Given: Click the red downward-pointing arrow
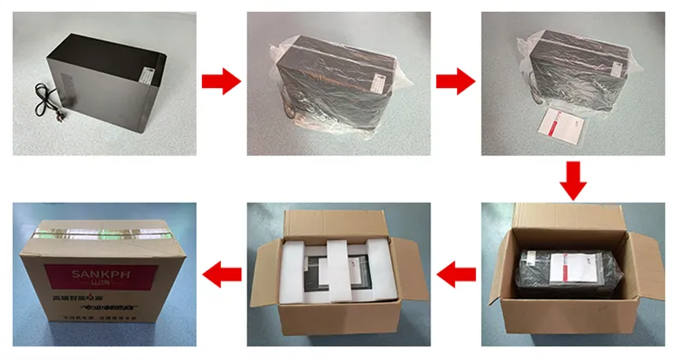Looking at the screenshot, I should click(574, 180).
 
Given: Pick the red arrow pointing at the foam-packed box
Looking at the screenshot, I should click(455, 274).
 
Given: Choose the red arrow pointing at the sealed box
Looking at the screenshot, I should click(220, 274).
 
